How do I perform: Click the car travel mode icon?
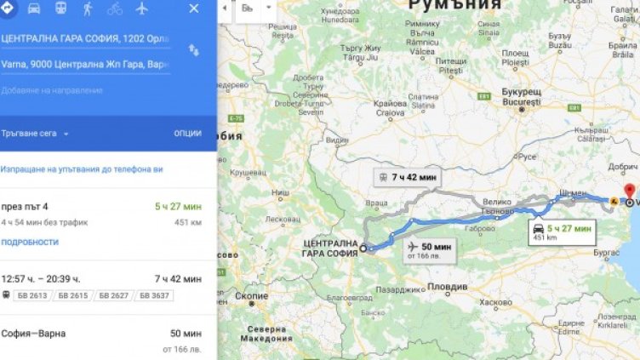pos(34,9)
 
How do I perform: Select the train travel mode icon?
pos(60,9)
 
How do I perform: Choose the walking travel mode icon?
pos(88,9)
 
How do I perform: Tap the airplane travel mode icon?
pos(141,9)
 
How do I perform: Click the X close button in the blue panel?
pos(193,9)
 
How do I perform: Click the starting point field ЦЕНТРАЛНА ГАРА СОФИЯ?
pos(85,39)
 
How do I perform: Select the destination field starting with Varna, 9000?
pos(85,65)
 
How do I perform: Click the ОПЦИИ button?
pos(187,134)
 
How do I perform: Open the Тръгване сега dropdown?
pos(36,134)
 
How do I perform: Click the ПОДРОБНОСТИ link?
pos(30,242)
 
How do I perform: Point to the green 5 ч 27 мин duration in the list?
pos(178,206)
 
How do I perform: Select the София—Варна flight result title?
pos(33,334)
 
